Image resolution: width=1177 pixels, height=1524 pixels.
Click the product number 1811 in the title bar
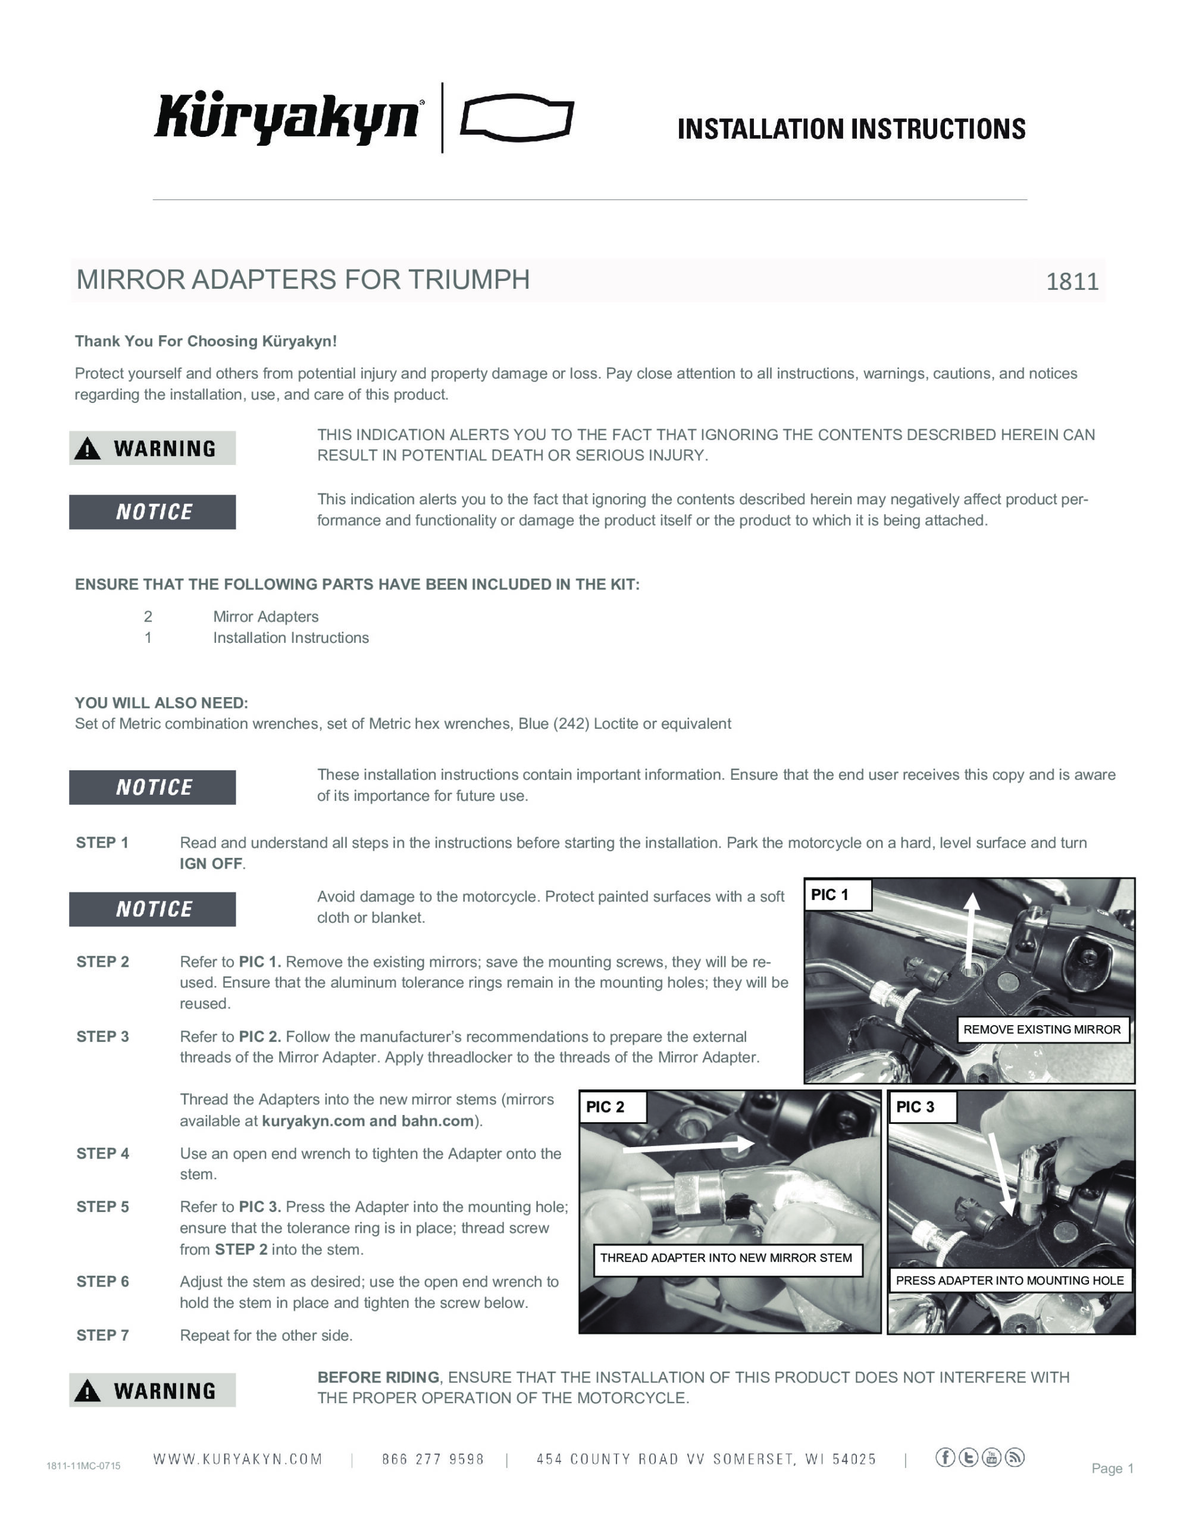coord(1072,281)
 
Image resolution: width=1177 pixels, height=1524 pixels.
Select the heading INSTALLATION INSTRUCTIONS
coord(851,129)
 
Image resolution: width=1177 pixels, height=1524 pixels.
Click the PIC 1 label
coord(829,895)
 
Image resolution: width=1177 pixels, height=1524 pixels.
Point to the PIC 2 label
coord(605,1107)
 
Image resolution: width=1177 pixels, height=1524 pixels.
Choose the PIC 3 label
coord(915,1107)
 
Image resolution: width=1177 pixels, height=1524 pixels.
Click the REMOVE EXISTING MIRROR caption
coord(1042,1029)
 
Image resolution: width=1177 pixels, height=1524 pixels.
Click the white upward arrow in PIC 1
coord(971,928)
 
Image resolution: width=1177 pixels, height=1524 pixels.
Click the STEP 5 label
coord(102,1207)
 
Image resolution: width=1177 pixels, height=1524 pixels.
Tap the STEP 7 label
coord(102,1335)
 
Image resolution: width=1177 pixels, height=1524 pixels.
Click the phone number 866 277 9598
coord(433,1459)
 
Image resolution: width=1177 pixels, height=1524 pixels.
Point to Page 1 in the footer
coord(1112,1468)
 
